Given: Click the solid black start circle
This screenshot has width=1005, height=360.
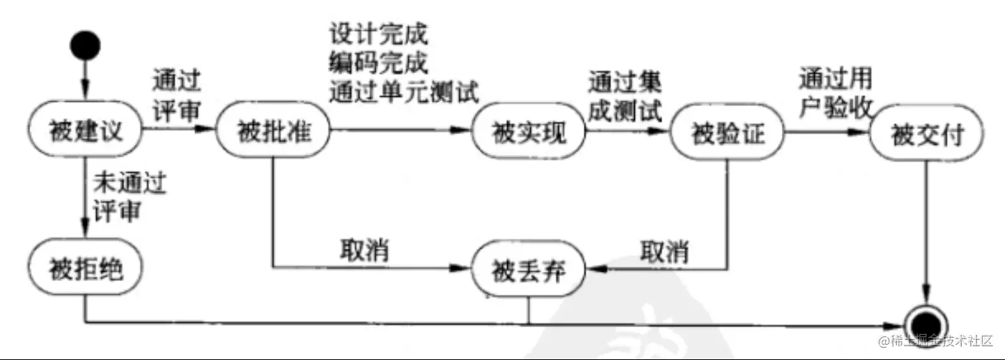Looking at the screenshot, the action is (x=85, y=46).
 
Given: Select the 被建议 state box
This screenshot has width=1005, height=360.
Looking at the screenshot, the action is (x=85, y=129).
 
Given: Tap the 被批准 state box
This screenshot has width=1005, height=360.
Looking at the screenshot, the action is (x=273, y=131).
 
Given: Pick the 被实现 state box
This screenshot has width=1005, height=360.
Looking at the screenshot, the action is (x=529, y=131).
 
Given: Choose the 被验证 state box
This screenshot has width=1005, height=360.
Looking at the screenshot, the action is (x=727, y=132).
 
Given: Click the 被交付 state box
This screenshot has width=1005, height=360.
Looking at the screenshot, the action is (x=927, y=133).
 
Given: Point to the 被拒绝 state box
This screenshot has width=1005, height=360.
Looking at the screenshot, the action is (x=85, y=267).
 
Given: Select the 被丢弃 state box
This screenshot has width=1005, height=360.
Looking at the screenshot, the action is (x=529, y=269).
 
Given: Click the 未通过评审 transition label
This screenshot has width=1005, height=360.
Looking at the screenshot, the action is (x=129, y=196).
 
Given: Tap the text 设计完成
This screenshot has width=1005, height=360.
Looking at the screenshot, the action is (x=378, y=34).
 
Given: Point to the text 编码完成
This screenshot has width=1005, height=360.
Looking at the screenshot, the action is (x=378, y=62).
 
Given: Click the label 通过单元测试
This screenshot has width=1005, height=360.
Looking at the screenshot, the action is (x=405, y=92).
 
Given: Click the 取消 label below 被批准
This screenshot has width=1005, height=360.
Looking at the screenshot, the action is (x=364, y=250).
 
